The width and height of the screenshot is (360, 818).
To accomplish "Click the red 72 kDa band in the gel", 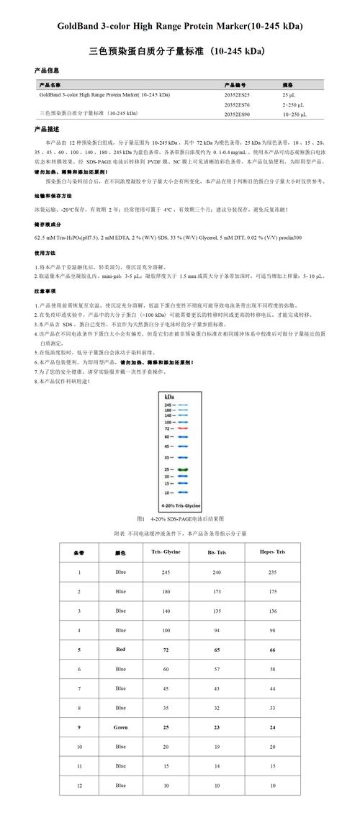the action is tap(182, 428).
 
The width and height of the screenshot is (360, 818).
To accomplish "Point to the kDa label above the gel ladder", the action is tap(169, 397).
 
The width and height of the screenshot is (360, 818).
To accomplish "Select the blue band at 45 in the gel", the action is tap(182, 446).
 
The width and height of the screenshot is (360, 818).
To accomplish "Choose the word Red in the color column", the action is tap(120, 649).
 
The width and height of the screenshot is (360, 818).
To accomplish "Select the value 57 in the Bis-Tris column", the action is tap(217, 668).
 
